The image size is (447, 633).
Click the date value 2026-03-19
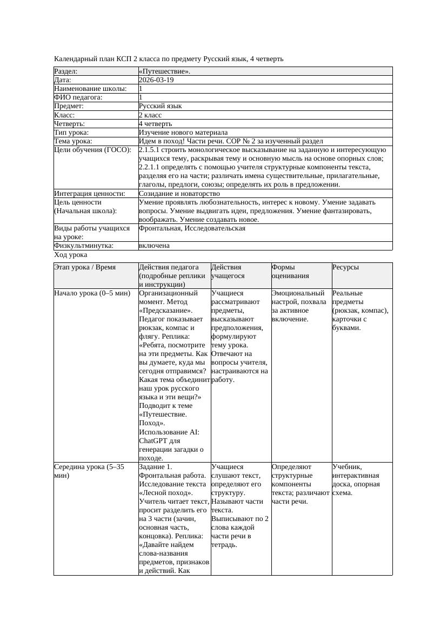coord(156,80)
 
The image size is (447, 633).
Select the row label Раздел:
coord(66,71)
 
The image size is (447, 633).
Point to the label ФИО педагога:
coord(78,97)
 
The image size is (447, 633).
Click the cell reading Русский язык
coord(160,106)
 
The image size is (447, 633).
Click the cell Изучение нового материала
coord(183,132)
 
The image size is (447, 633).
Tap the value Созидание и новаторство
coord(179,193)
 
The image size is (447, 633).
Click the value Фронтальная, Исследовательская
coord(192,228)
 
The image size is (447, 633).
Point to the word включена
coord(154,246)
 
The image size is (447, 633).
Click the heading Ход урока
coord(71,255)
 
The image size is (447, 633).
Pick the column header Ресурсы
coord(346,267)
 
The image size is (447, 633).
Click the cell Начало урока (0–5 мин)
coord(92,293)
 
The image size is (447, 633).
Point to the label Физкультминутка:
coord(84,246)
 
